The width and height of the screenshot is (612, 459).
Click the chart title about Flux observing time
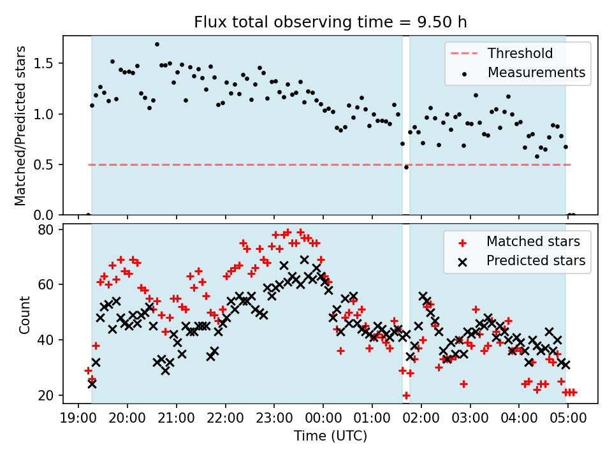tap(330, 22)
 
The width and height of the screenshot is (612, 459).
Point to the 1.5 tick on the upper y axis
tap(50, 63)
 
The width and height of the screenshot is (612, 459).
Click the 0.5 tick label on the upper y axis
tap(50, 164)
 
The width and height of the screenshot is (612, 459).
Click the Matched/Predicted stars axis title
tap(20, 126)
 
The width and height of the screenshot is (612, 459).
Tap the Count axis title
tap(24, 314)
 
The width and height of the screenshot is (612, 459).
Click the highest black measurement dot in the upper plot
tap(157, 45)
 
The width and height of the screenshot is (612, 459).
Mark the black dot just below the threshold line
tap(406, 167)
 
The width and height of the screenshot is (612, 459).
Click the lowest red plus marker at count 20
tap(406, 395)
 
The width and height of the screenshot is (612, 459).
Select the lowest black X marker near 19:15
tap(92, 384)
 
